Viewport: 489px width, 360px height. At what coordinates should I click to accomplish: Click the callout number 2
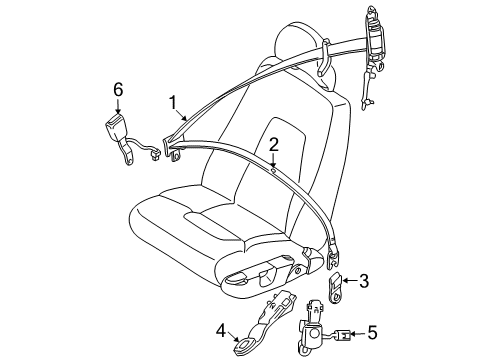[x=273, y=145]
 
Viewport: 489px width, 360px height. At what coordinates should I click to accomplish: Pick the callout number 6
[x=117, y=90]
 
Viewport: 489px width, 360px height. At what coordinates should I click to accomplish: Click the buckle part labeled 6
[x=120, y=132]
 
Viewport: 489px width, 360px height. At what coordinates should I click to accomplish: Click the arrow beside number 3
[x=352, y=283]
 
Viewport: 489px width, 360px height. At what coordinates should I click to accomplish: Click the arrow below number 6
[x=117, y=107]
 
